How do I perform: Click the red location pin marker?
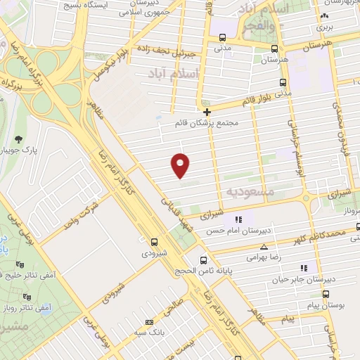(x=181, y=165)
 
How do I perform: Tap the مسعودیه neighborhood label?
(x=247, y=191)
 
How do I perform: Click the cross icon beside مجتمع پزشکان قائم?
(x=207, y=112)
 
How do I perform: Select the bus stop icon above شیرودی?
(x=155, y=240)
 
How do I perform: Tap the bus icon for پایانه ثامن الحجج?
(x=203, y=259)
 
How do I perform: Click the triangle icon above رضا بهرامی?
(x=264, y=247)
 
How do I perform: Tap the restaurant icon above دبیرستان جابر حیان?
(x=304, y=268)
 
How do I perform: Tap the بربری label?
(x=323, y=27)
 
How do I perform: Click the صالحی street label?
(x=174, y=310)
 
